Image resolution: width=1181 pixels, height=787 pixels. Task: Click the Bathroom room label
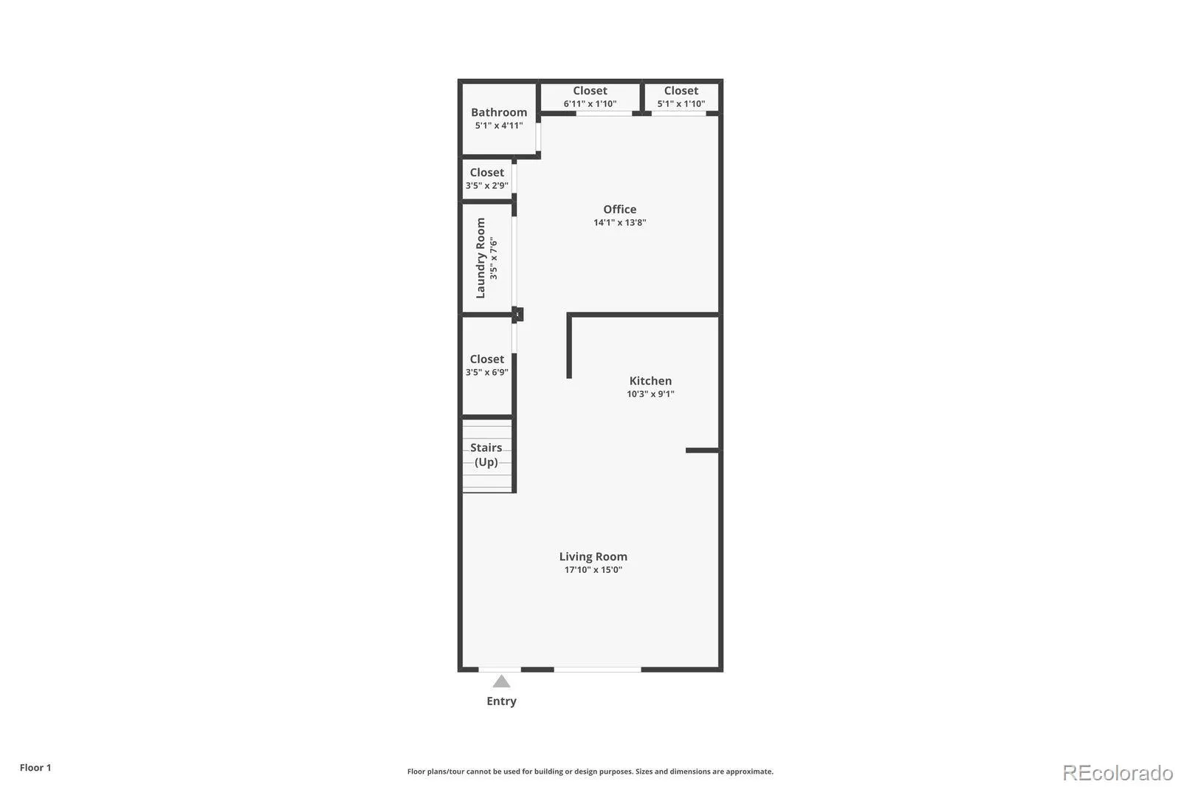[x=499, y=112]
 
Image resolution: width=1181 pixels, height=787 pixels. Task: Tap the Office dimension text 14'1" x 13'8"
[x=619, y=223]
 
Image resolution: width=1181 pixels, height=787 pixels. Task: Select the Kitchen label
[x=650, y=381]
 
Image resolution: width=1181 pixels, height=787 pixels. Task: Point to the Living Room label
[x=593, y=557]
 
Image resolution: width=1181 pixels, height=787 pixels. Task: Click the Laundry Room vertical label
[x=481, y=258]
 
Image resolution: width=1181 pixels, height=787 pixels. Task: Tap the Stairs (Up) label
[x=486, y=455]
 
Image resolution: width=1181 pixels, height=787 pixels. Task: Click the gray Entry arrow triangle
[x=501, y=681]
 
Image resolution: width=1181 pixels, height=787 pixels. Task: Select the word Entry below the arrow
[x=501, y=701]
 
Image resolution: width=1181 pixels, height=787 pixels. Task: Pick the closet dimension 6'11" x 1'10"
[x=590, y=104]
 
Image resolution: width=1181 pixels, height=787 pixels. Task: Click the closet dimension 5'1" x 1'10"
[x=681, y=104]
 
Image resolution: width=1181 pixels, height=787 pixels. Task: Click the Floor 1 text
[x=35, y=768]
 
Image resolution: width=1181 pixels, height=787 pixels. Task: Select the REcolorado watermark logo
[x=1118, y=773]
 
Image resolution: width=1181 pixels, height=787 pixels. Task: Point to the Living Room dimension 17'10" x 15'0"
[x=593, y=570]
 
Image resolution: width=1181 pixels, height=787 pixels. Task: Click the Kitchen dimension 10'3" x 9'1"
[x=650, y=394]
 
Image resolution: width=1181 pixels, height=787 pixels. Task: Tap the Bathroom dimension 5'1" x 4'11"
[x=499, y=126]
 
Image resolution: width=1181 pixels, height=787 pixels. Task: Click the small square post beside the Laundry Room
[x=517, y=315]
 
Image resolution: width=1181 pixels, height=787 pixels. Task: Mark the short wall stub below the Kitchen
[x=702, y=450]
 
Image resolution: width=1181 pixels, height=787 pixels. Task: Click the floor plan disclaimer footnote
[x=590, y=771]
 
